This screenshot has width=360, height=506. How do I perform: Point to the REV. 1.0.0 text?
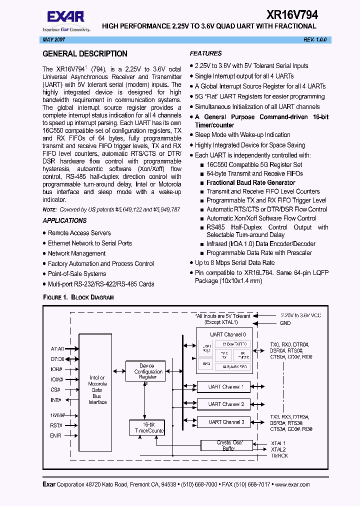[314, 39]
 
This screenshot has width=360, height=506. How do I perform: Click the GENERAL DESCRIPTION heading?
[85, 54]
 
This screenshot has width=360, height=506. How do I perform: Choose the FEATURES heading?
[205, 53]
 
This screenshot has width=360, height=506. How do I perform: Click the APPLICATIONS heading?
[64, 220]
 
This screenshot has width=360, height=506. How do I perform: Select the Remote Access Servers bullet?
[79, 233]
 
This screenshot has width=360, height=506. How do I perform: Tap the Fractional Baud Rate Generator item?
[250, 182]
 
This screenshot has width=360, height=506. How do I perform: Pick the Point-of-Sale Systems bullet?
[77, 274]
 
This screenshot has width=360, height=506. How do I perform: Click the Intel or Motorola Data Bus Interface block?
[97, 390]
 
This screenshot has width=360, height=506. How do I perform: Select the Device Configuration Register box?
[148, 371]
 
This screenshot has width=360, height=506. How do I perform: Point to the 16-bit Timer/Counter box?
[147, 427]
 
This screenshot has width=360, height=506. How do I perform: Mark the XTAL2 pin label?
[278, 449]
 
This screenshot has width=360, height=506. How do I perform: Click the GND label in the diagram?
[285, 323]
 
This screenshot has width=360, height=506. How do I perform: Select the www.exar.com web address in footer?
[292, 484]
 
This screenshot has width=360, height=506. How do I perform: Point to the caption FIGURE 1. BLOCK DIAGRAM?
[78, 297]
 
